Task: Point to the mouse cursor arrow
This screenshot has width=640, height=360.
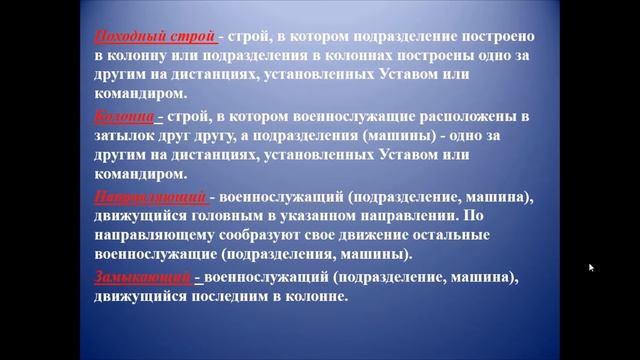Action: click(591, 268)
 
